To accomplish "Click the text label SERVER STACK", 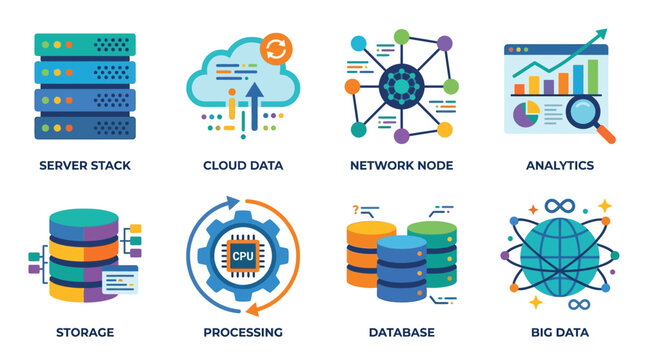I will [84, 165].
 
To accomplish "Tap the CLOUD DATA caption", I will [243, 165].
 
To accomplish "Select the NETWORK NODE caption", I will [401, 165].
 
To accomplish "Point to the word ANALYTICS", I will [560, 165].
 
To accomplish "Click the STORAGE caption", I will [84, 332].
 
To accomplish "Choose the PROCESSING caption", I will [243, 332].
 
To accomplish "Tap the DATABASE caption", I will [401, 332].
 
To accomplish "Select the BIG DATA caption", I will [560, 332].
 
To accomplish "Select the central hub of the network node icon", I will [402, 87].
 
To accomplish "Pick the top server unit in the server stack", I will [85, 46].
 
